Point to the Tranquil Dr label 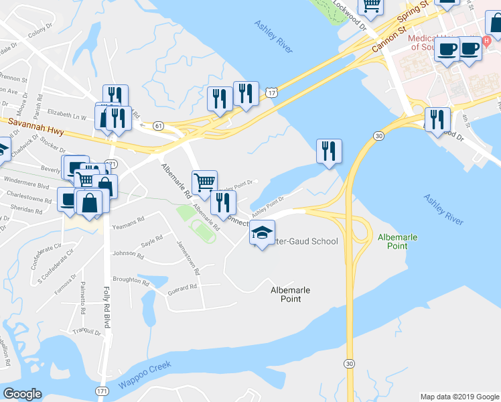tap(87, 330)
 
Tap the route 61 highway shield tap(158, 125)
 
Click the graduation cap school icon tap(262, 232)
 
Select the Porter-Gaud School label tap(301, 241)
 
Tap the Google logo tap(22, 394)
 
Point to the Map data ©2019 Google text tap(459, 397)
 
